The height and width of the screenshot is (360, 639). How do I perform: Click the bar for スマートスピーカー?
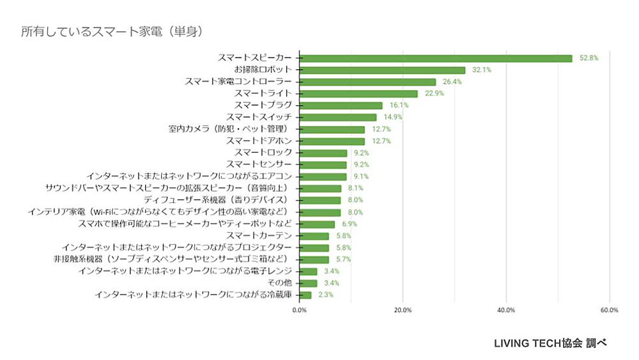click(436, 58)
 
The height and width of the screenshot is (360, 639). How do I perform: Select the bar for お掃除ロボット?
click(382, 70)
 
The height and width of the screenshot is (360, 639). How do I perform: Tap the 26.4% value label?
click(452, 82)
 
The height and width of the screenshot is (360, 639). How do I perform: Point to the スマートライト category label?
click(263, 93)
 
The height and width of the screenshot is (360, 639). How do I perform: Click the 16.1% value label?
click(399, 106)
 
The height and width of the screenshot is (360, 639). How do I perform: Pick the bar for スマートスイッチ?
click(338, 117)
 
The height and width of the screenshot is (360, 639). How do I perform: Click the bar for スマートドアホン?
click(332, 141)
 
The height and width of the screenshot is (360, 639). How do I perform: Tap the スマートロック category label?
click(263, 152)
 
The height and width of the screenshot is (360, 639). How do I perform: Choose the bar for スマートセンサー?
click(323, 164)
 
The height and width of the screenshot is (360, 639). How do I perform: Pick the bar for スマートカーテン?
click(314, 236)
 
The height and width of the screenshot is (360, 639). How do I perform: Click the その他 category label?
click(280, 283)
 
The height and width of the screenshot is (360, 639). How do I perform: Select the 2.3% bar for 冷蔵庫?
click(305, 295)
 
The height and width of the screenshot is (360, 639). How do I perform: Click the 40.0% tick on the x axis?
click(505, 310)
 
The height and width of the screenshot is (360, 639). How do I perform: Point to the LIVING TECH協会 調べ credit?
click(550, 343)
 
